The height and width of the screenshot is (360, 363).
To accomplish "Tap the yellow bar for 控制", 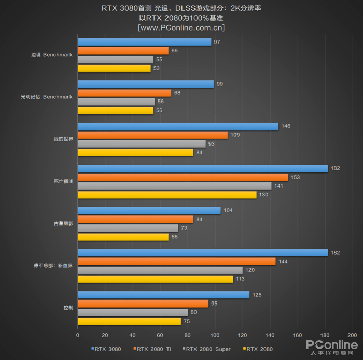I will click(129, 321).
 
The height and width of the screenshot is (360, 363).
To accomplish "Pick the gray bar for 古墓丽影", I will click(128, 228).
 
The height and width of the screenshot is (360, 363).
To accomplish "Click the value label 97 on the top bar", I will click(216, 42).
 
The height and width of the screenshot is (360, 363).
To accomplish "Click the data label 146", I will click(285, 126).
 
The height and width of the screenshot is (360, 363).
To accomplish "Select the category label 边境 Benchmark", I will click(51, 54).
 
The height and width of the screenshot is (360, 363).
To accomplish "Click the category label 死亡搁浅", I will click(63, 181).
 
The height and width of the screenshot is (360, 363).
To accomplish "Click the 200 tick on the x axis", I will click(352, 335).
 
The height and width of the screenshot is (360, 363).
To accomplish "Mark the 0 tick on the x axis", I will click(78, 335).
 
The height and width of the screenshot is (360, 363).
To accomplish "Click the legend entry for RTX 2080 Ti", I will click(155, 349).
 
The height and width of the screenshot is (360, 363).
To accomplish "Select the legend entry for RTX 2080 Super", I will click(207, 349).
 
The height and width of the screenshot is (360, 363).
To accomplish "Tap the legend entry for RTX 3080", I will click(107, 349).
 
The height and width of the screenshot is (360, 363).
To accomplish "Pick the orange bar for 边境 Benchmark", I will click(123, 51).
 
